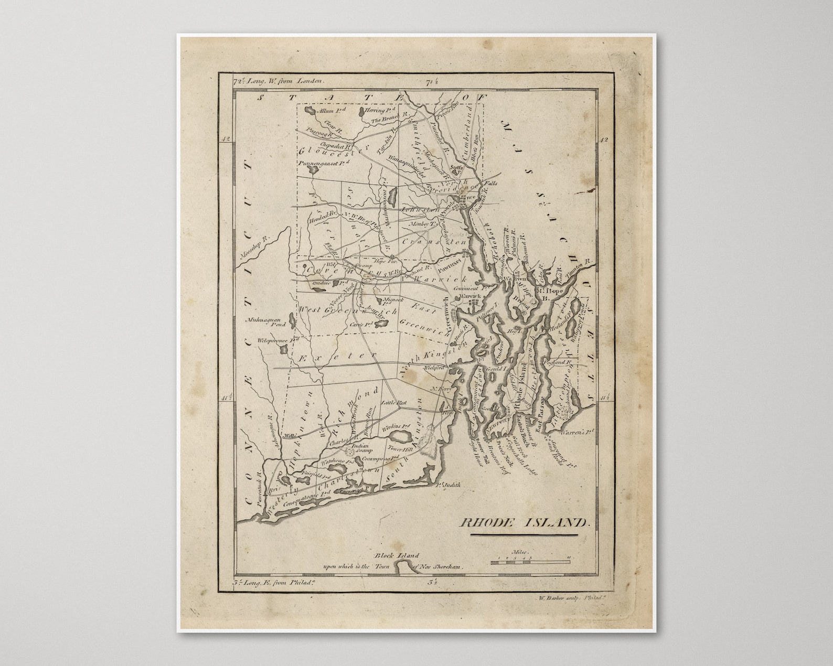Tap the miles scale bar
click(530, 561)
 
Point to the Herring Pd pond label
click(382, 111)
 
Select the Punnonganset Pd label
click(323, 164)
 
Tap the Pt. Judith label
click(448, 485)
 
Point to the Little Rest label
click(394, 402)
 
